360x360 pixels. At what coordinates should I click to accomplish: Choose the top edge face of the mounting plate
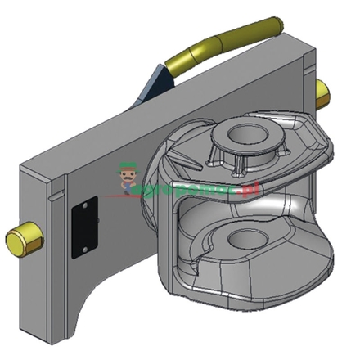tap(164, 106)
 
